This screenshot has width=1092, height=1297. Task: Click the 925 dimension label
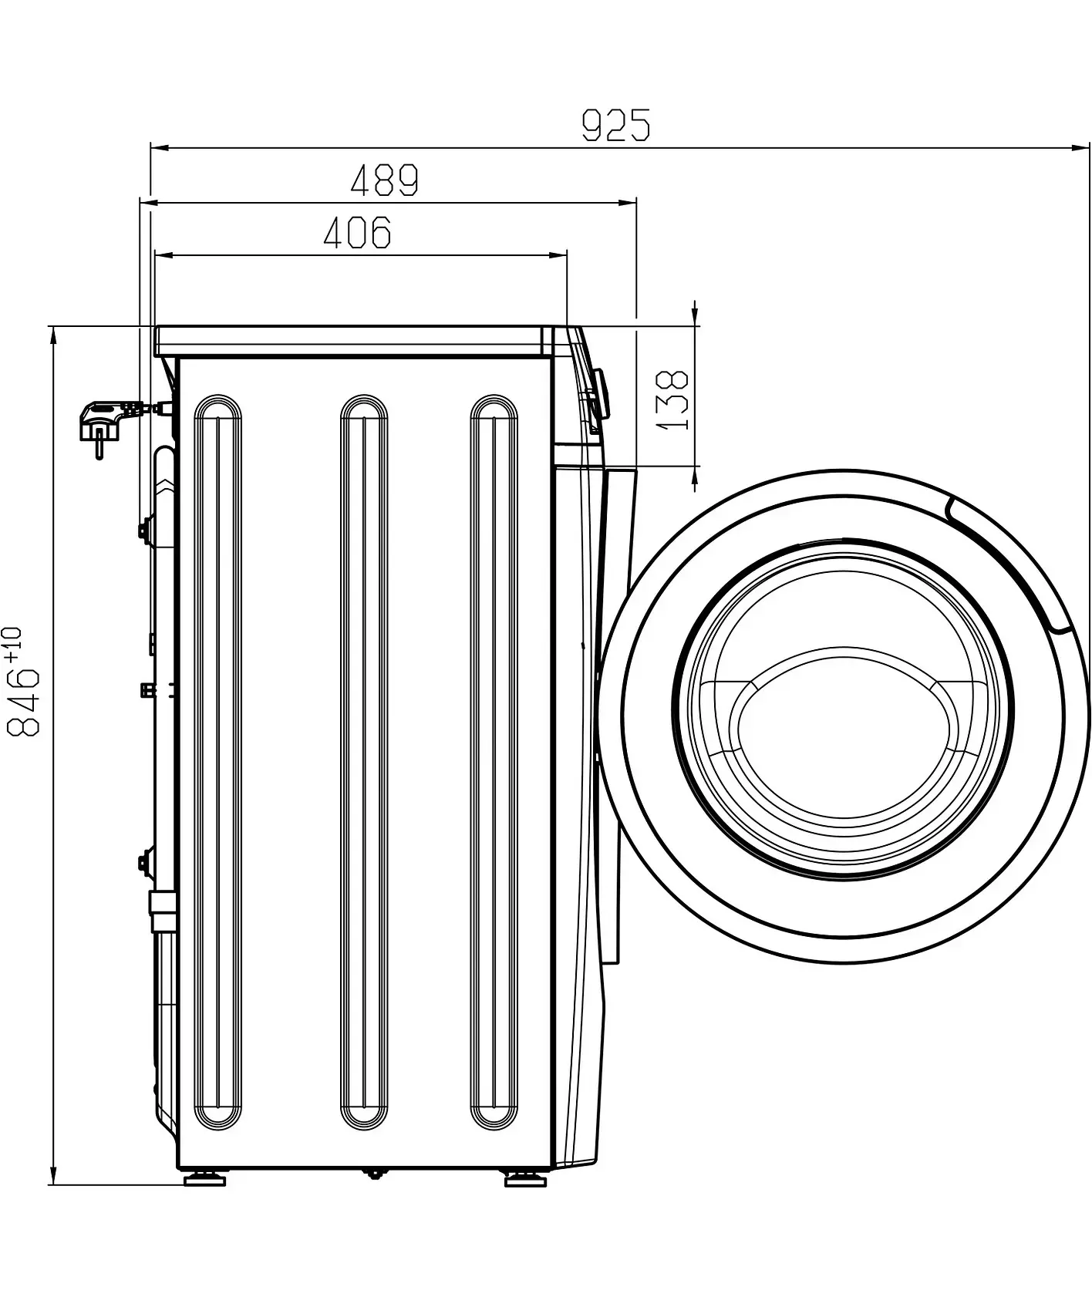615,125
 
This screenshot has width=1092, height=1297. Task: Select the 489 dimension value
384,180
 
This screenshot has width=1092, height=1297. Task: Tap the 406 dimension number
357,232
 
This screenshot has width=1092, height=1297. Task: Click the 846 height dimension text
23,702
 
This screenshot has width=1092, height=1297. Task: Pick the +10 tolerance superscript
13,644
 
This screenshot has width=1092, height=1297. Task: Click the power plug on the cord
103,424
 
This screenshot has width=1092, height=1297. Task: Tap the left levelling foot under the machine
204,1201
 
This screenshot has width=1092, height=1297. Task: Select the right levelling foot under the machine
526,1201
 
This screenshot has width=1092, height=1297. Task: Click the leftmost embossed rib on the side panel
218,763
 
